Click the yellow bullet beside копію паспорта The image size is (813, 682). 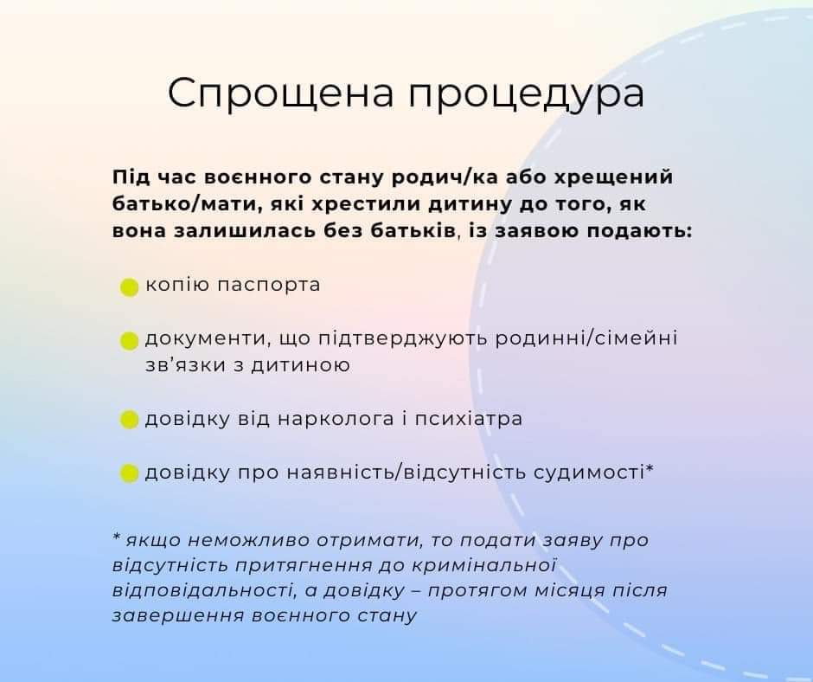[129, 287]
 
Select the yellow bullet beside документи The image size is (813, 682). [129, 341]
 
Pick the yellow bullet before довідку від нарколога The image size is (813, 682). [129, 420]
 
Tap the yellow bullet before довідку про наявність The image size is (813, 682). [129, 473]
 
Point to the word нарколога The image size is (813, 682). [336, 418]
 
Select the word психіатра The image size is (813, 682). [468, 418]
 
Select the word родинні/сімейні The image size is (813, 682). [586, 339]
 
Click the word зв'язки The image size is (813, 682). [185, 365]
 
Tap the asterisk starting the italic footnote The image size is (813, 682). [117, 536]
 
